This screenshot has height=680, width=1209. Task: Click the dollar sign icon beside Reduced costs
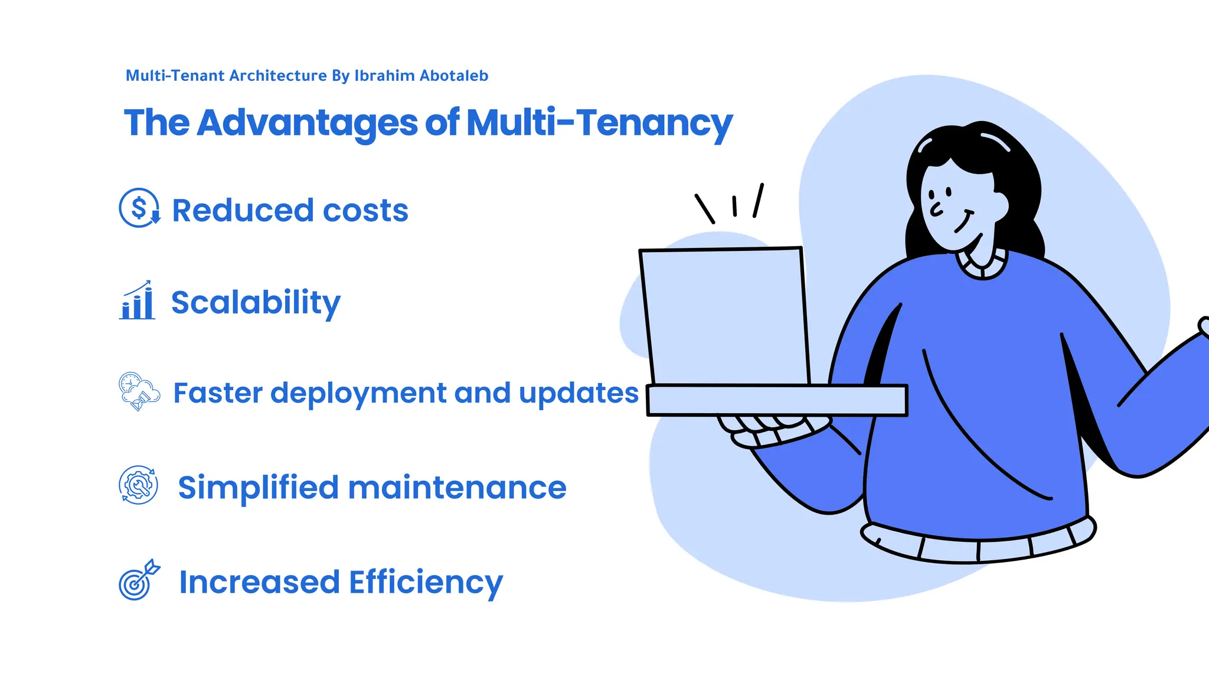point(139,208)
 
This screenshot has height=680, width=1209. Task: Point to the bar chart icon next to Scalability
point(138,301)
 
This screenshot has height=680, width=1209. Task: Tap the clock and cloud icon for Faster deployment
point(139,391)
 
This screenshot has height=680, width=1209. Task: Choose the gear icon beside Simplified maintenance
point(138,485)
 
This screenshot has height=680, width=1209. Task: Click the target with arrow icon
point(138,581)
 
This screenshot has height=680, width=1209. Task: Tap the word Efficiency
point(426,583)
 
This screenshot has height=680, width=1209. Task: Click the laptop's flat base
point(776,400)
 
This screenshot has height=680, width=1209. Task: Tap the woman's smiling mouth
point(964,221)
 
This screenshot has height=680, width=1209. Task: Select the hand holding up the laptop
point(767,430)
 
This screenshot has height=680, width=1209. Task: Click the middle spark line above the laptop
point(734,205)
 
